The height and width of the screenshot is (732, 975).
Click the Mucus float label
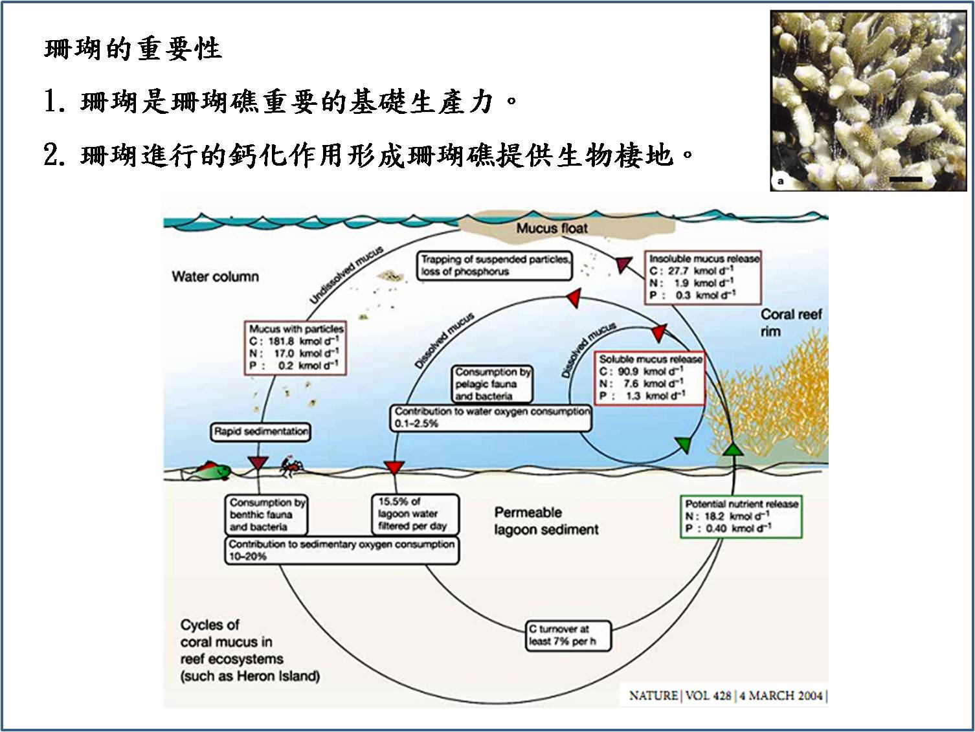[x=552, y=228]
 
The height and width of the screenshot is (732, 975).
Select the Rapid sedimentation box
[x=261, y=432]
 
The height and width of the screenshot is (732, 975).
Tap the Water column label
[x=215, y=276]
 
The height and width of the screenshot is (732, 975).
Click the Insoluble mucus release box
[x=703, y=277]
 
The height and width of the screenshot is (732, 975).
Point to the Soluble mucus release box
[x=650, y=378]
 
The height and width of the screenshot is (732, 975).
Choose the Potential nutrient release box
[x=741, y=516]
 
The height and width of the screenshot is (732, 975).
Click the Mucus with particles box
[x=296, y=348]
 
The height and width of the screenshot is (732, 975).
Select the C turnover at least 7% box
[x=568, y=636]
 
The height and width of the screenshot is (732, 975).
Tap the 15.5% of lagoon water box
[x=415, y=514]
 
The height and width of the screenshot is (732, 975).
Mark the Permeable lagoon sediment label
[x=546, y=521]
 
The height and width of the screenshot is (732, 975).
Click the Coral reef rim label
[x=790, y=322]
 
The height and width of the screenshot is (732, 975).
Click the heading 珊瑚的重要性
[x=133, y=49]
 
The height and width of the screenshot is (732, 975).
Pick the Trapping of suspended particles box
[x=495, y=265]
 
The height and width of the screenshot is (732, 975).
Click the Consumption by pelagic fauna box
[x=493, y=384]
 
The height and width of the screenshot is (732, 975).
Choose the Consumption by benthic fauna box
[x=266, y=515]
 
